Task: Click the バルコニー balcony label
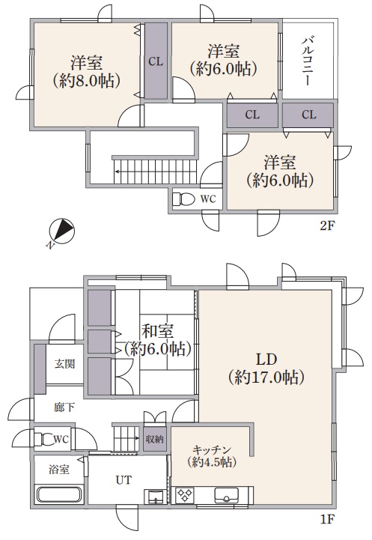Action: click(308, 61)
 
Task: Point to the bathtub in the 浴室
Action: click(58, 494)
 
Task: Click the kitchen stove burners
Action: click(185, 496)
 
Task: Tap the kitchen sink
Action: click(227, 496)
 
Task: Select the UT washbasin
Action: click(156, 496)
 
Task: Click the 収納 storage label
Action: click(154, 439)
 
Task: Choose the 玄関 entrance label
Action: click(64, 364)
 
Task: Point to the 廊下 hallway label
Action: click(64, 407)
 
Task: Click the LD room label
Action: click(266, 360)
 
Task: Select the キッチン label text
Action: click(212, 450)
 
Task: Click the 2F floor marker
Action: click(327, 226)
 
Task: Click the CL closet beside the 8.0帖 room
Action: click(156, 61)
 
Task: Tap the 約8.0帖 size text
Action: click(86, 82)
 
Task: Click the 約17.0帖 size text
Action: click(266, 377)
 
